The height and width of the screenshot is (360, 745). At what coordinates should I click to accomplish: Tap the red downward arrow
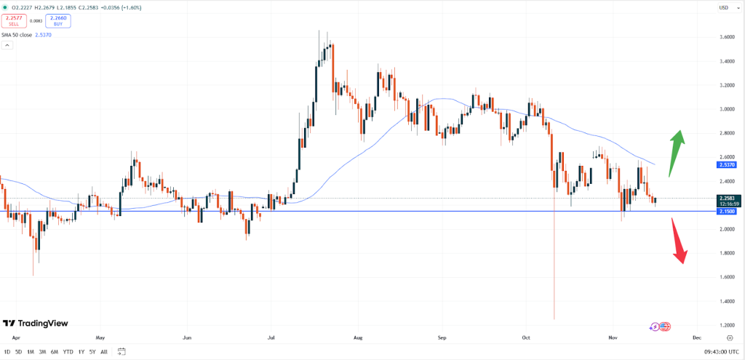coord(679,242)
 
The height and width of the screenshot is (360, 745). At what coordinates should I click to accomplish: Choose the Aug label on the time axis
coord(356,338)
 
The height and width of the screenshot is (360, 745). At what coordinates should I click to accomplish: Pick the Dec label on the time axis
coord(696,338)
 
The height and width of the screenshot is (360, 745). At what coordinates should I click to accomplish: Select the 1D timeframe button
coord(7,352)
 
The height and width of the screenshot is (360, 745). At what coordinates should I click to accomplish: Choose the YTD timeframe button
coord(68,352)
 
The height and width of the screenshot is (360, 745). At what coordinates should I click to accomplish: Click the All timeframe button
coord(104,352)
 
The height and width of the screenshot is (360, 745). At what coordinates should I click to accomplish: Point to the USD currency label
coord(723,8)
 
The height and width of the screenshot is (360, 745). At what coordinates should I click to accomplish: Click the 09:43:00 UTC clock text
coord(706,352)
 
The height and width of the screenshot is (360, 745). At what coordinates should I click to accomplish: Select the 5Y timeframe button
coord(92,352)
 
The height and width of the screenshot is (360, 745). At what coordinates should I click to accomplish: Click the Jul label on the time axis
coord(272,338)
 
